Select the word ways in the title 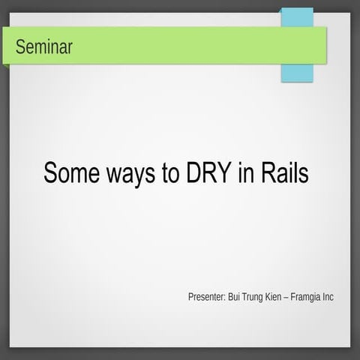coord(130,174)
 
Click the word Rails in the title coord(284,172)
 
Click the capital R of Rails coord(268,172)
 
